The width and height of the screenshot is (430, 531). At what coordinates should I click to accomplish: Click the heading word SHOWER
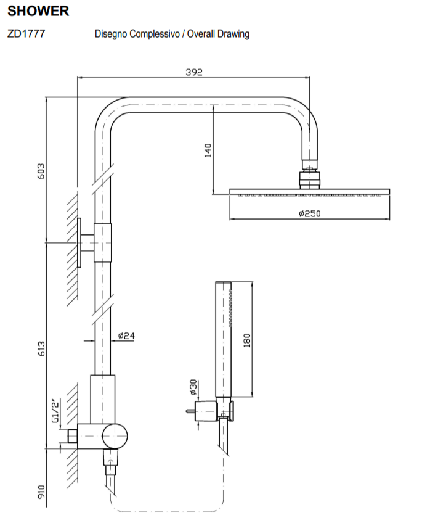(38, 11)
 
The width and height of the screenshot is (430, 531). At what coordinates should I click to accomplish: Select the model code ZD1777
(26, 34)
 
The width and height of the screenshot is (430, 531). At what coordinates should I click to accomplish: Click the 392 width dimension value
(194, 72)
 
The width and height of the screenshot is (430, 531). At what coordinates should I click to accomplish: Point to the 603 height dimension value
(41, 171)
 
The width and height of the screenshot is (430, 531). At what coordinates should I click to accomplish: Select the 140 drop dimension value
(208, 150)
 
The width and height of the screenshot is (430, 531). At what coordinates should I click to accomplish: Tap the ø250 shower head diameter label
(309, 213)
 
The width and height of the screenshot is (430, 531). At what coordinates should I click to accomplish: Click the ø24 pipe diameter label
(126, 336)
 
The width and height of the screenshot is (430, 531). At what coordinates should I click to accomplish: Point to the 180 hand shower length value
(246, 340)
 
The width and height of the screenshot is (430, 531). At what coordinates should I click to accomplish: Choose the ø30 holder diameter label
(192, 387)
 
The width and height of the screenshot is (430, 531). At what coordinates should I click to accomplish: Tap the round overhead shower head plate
(309, 192)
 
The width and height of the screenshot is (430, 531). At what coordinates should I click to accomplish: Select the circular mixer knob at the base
(115, 436)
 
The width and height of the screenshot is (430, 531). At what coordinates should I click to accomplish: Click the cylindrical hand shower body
(222, 339)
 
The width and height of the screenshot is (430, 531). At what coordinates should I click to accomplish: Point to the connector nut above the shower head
(309, 179)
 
